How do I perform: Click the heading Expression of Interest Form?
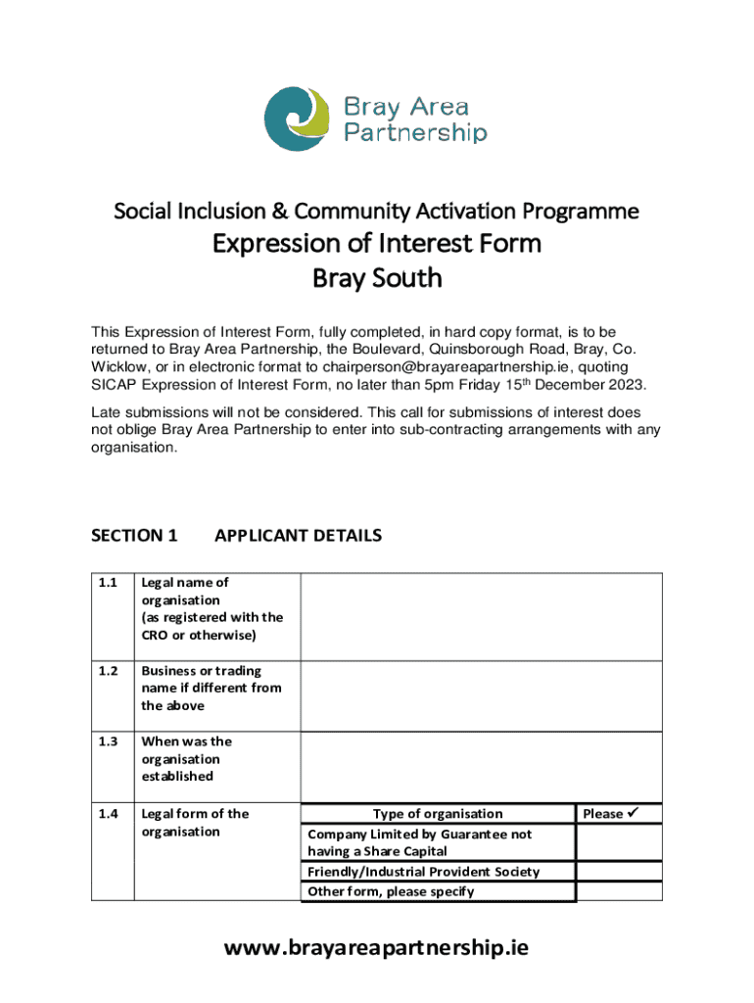coord(377,242)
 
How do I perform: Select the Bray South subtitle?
coord(377,278)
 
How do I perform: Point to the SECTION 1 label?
coord(134,536)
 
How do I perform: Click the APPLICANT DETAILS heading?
coord(298,536)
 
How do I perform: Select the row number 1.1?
coord(108,583)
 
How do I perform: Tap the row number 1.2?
coord(108,671)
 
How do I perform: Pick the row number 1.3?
coord(108,741)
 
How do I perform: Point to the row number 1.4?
coord(108,814)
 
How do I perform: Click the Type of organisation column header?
coord(437,814)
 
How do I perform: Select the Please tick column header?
coord(619,814)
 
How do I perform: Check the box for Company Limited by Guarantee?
coord(619,842)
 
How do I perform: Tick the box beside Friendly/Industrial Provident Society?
coord(619,872)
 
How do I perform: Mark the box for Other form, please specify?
coord(619,891)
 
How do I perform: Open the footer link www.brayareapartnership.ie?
coord(377,947)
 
